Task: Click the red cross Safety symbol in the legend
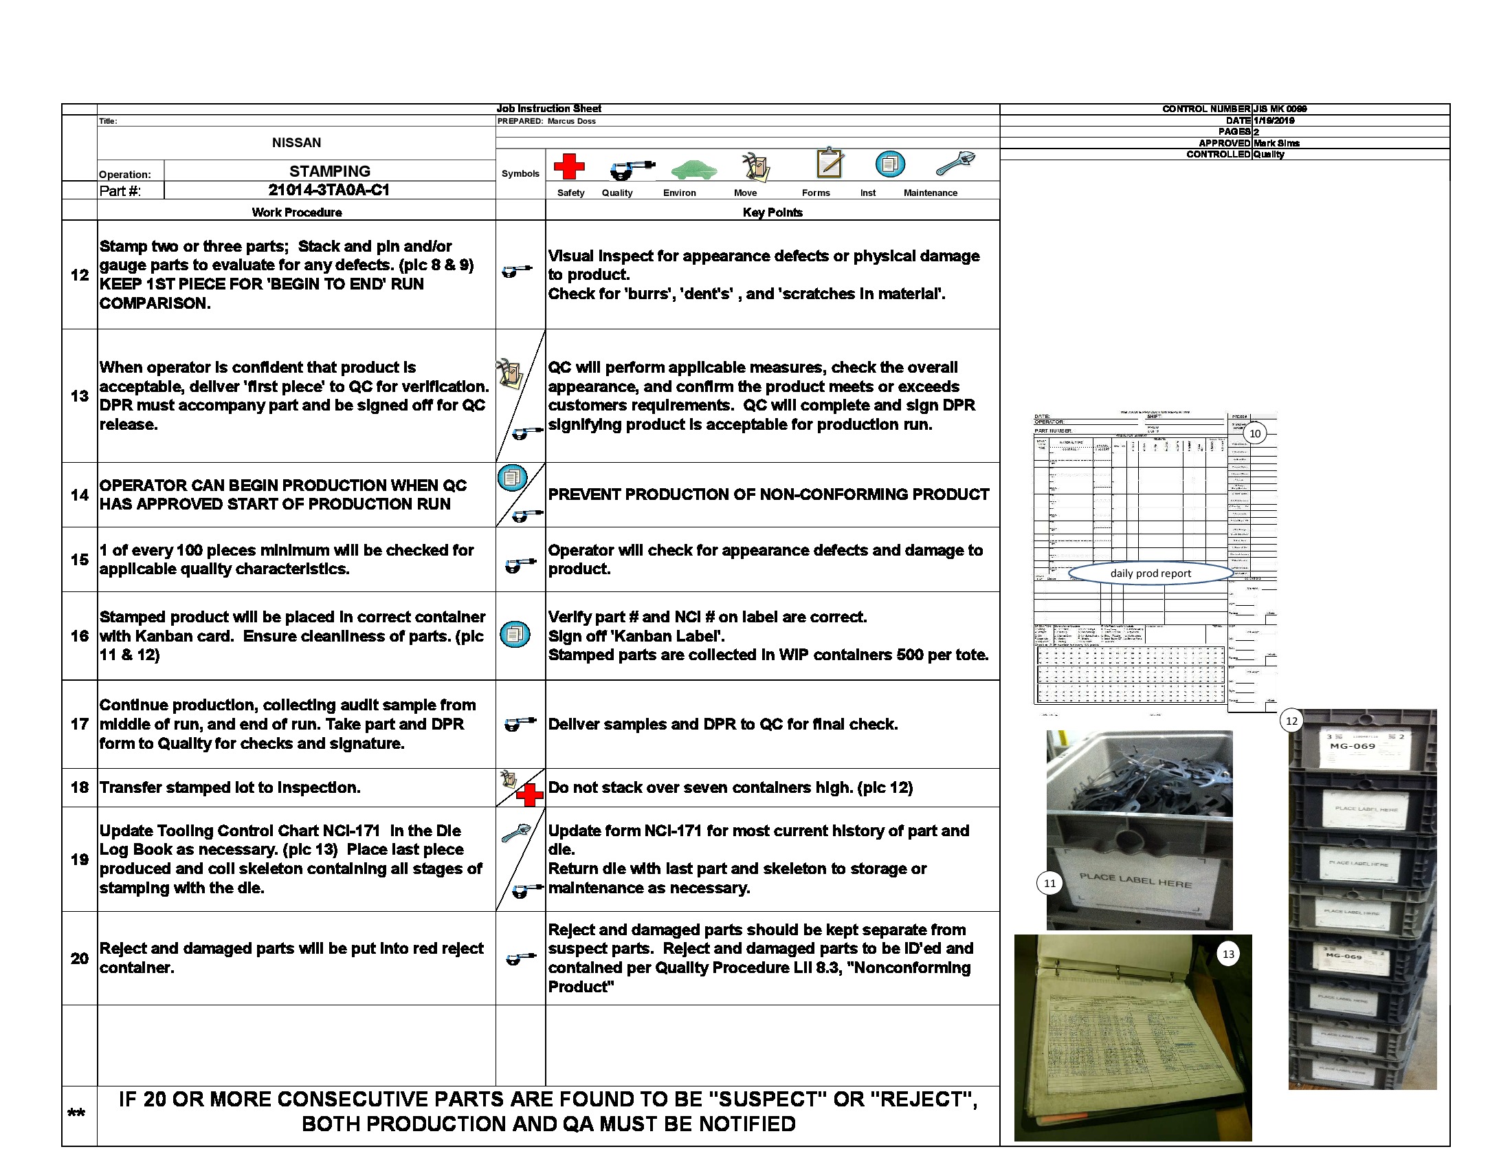click(x=569, y=167)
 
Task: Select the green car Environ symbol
click(x=693, y=169)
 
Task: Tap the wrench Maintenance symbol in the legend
click(x=955, y=164)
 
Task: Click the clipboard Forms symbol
click(x=830, y=164)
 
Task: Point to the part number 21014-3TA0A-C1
click(x=329, y=190)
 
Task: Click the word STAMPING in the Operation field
click(x=329, y=171)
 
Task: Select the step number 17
click(x=80, y=724)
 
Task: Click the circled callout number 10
click(x=1254, y=433)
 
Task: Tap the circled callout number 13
click(x=1228, y=954)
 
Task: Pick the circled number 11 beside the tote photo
click(x=1049, y=883)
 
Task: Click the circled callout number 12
click(x=1291, y=721)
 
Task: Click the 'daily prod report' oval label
click(x=1150, y=573)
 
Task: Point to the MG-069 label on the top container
click(x=1352, y=746)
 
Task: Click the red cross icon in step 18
click(x=530, y=795)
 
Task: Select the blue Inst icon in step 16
click(x=514, y=635)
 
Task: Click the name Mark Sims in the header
click(x=1276, y=143)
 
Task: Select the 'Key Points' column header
click(x=772, y=212)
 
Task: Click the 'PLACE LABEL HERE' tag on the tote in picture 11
click(x=1135, y=881)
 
